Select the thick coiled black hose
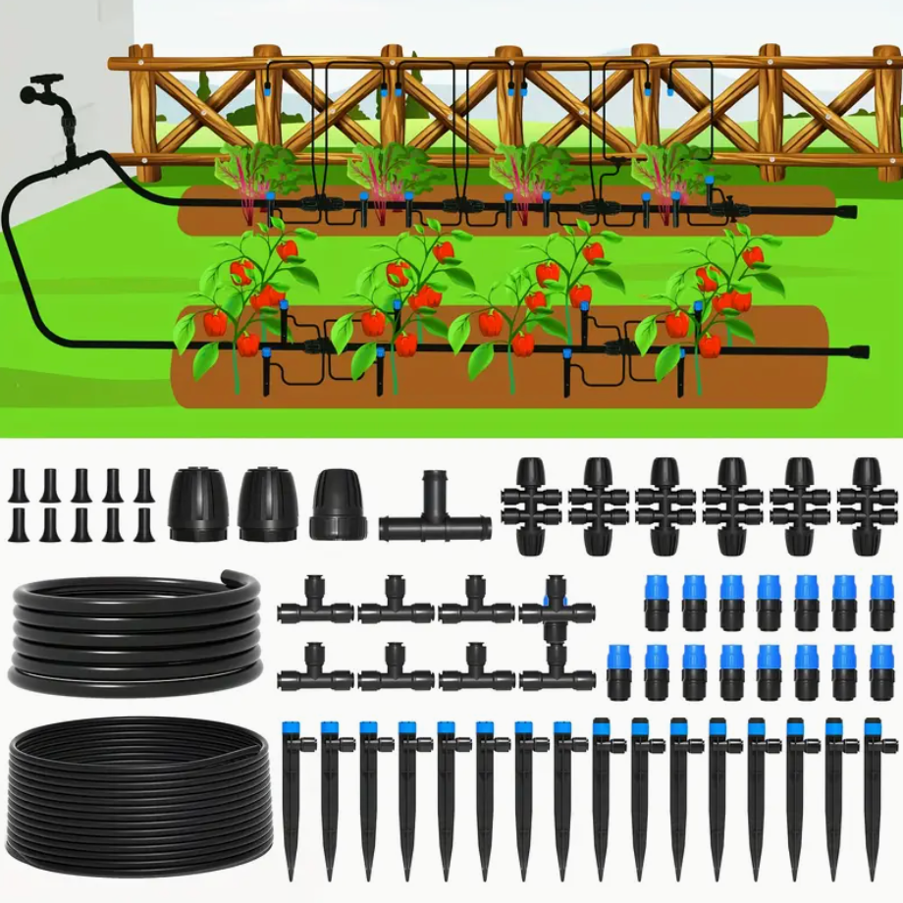134,634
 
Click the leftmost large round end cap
200,504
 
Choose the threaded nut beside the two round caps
338,505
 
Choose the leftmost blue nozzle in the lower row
618,671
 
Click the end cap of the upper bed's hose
848,211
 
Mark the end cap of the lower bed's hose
860,350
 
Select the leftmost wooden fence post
142,113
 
